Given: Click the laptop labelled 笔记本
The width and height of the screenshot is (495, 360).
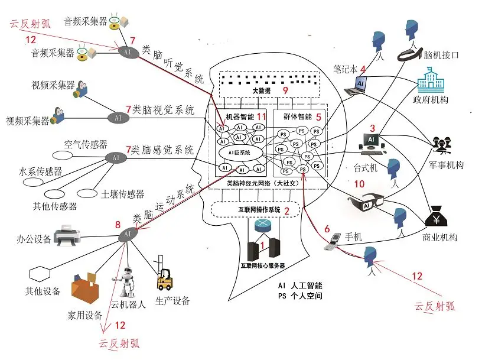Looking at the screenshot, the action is [x=356, y=85].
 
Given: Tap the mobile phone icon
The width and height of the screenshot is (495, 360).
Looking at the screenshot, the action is [x=334, y=242].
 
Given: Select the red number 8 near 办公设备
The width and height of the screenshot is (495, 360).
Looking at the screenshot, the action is [x=118, y=225].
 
